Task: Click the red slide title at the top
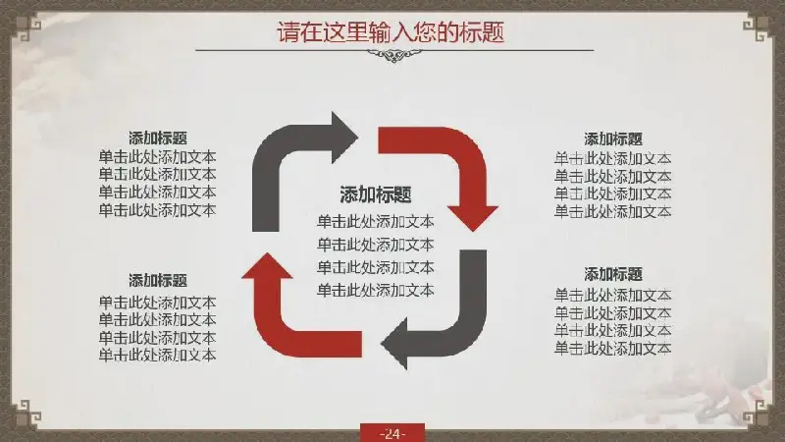pyautogui.click(x=391, y=32)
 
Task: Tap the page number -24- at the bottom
pyautogui.click(x=392, y=434)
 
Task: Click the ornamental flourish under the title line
pyautogui.click(x=394, y=55)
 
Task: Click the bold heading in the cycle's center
pyautogui.click(x=376, y=194)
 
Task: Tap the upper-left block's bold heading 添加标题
pyautogui.click(x=158, y=138)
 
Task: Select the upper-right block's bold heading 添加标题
pyautogui.click(x=612, y=138)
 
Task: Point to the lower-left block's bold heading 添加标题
pyautogui.click(x=158, y=280)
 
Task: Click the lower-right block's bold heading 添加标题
pyautogui.click(x=612, y=274)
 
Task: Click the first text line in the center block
pyautogui.click(x=376, y=222)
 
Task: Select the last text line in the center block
pyautogui.click(x=376, y=290)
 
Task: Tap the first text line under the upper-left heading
pyautogui.click(x=157, y=157)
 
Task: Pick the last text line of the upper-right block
pyautogui.click(x=612, y=211)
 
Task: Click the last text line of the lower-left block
pyautogui.click(x=157, y=355)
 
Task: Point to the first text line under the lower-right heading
pyautogui.click(x=612, y=296)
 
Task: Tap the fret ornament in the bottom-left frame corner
pyautogui.click(x=26, y=414)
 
